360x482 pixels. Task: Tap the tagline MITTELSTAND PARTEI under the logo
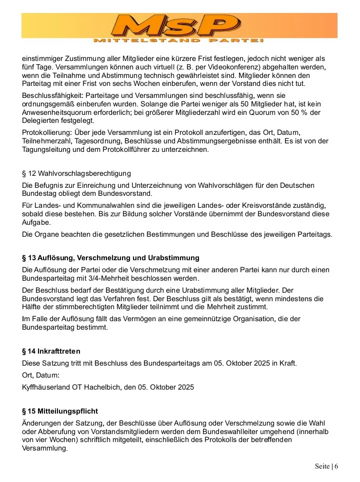pyautogui.click(x=178, y=40)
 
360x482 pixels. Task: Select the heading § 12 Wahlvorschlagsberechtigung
pyautogui.click(x=76, y=173)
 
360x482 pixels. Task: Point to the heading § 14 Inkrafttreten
pyautogui.click(x=51, y=351)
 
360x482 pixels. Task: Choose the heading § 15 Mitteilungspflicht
pyautogui.click(x=60, y=411)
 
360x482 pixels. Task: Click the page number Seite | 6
pyautogui.click(x=326, y=467)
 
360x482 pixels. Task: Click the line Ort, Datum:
pyautogui.click(x=41, y=375)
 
